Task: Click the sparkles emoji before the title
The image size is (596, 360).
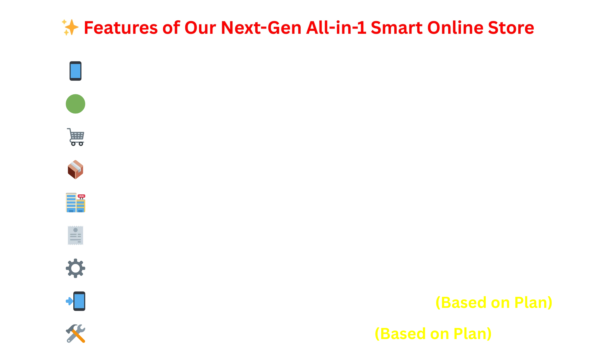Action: pos(70,27)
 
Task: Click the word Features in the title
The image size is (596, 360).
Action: pos(121,28)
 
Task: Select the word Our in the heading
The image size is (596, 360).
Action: pos(200,28)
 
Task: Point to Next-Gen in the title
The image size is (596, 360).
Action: pos(261,28)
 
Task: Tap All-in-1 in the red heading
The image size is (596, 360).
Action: pos(336,28)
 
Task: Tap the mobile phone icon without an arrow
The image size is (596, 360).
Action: pos(75,71)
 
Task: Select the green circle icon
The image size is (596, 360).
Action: pos(75,104)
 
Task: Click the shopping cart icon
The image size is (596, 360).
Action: pos(75,137)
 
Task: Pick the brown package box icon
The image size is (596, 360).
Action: pos(75,169)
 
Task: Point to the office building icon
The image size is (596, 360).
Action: pos(75,203)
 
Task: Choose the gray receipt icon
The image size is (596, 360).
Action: pos(75,235)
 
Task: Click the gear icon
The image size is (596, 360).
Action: pos(75,268)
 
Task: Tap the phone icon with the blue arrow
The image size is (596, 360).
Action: pos(75,301)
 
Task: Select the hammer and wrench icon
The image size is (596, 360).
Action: pos(75,334)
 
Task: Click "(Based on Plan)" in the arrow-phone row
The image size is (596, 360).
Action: pos(494,303)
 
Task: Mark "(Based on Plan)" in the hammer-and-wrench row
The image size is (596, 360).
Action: pos(433,334)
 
